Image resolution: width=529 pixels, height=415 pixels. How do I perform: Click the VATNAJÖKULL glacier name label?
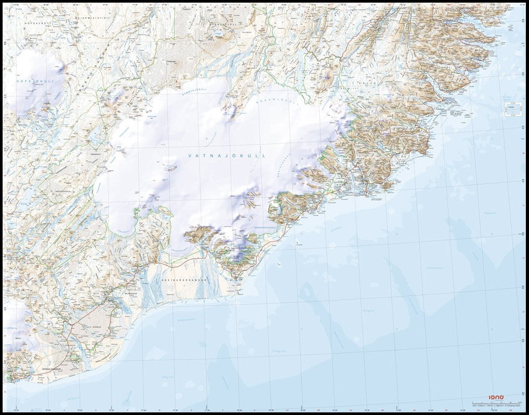pos(227,156)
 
